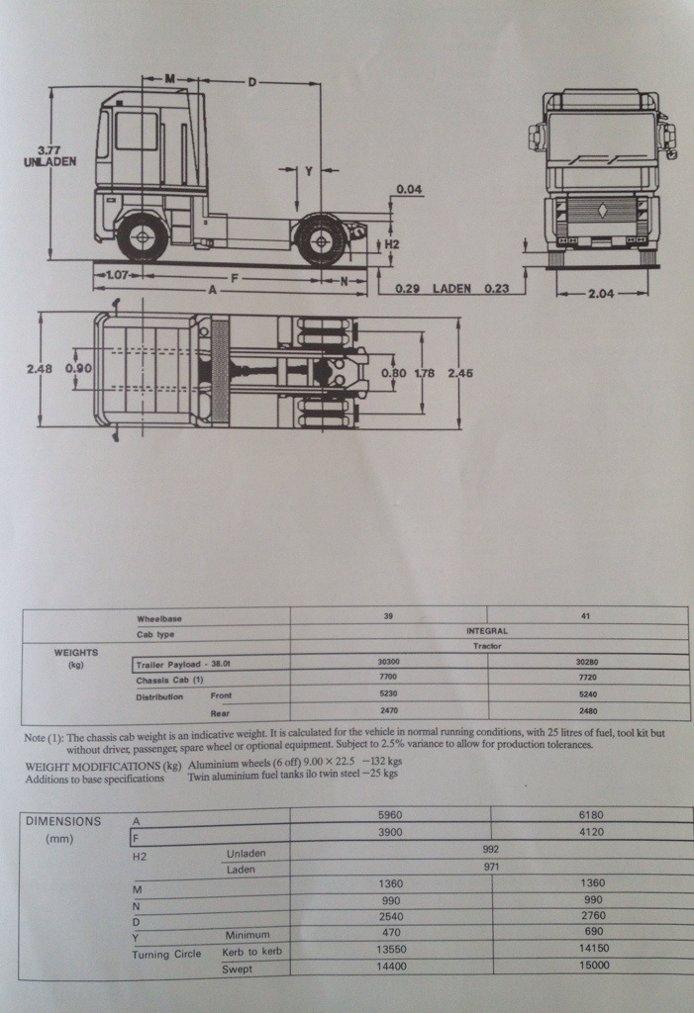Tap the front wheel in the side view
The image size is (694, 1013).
pos(142,237)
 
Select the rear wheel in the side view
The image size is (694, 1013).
pos(321,239)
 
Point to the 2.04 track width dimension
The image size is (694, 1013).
pos(601,293)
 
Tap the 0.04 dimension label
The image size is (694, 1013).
pos(409,189)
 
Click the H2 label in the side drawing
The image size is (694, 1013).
pos(392,243)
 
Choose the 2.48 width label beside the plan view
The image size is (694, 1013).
pos(40,368)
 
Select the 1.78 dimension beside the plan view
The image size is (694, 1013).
pos(424,373)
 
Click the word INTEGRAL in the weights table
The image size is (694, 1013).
pos(487,630)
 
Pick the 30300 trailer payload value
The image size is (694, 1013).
pos(388,663)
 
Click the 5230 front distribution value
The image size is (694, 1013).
pos(388,695)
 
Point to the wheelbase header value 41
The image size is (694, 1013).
pos(588,616)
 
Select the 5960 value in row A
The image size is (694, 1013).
pos(392,815)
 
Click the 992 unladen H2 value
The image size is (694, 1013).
pos(491,849)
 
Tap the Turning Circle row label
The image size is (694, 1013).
pos(167,954)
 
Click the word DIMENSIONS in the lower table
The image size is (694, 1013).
pos(63,820)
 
